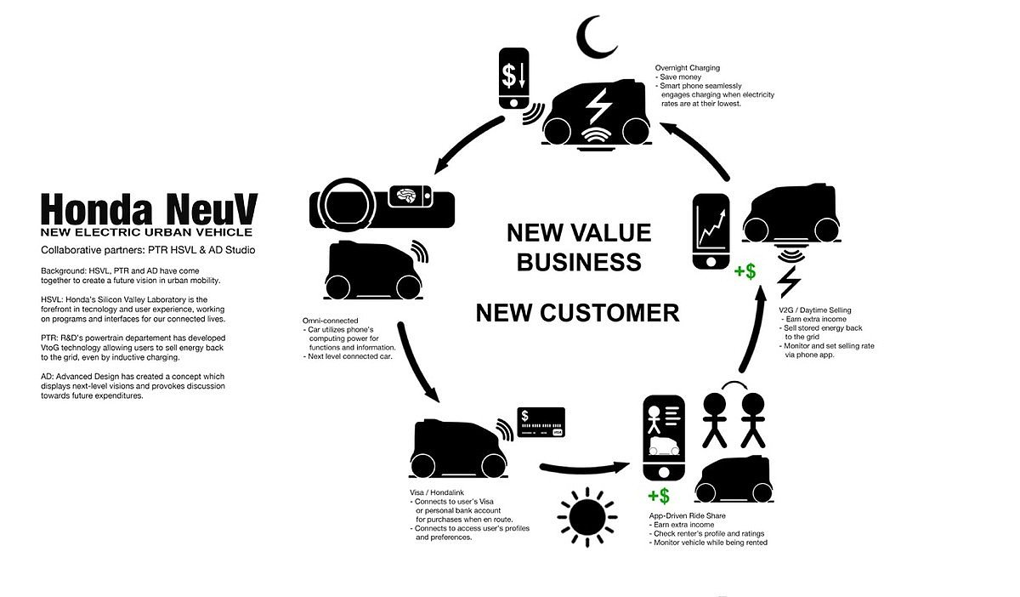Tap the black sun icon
pos(586,516)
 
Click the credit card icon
pos(541,421)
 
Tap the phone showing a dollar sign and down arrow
pos(514,77)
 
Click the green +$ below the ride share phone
pos(658,496)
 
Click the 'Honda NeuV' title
pos(150,208)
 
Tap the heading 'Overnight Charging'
pos(688,67)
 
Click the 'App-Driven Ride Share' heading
pos(688,516)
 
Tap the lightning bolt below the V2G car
pos(788,280)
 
